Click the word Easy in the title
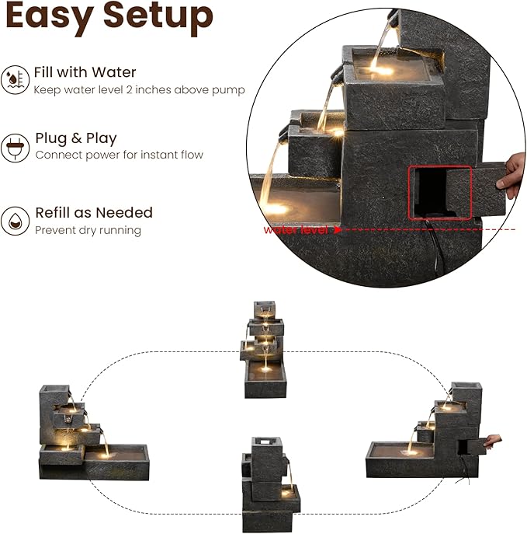tap(50, 17)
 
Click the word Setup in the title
tap(158, 17)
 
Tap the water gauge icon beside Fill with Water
tap(15, 80)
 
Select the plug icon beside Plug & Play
tap(15, 148)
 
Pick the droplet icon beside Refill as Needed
tap(15, 221)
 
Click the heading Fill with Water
tap(85, 72)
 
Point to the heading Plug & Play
tap(76, 138)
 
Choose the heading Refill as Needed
tap(94, 212)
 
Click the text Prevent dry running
tap(88, 230)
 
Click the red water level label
tap(296, 230)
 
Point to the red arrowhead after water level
tap(338, 230)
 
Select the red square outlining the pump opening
tap(440, 193)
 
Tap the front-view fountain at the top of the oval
tap(264, 350)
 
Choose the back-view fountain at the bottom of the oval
tap(270, 485)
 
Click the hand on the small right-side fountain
tap(493, 442)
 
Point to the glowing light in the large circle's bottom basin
tap(277, 208)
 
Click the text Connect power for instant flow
tap(120, 155)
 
